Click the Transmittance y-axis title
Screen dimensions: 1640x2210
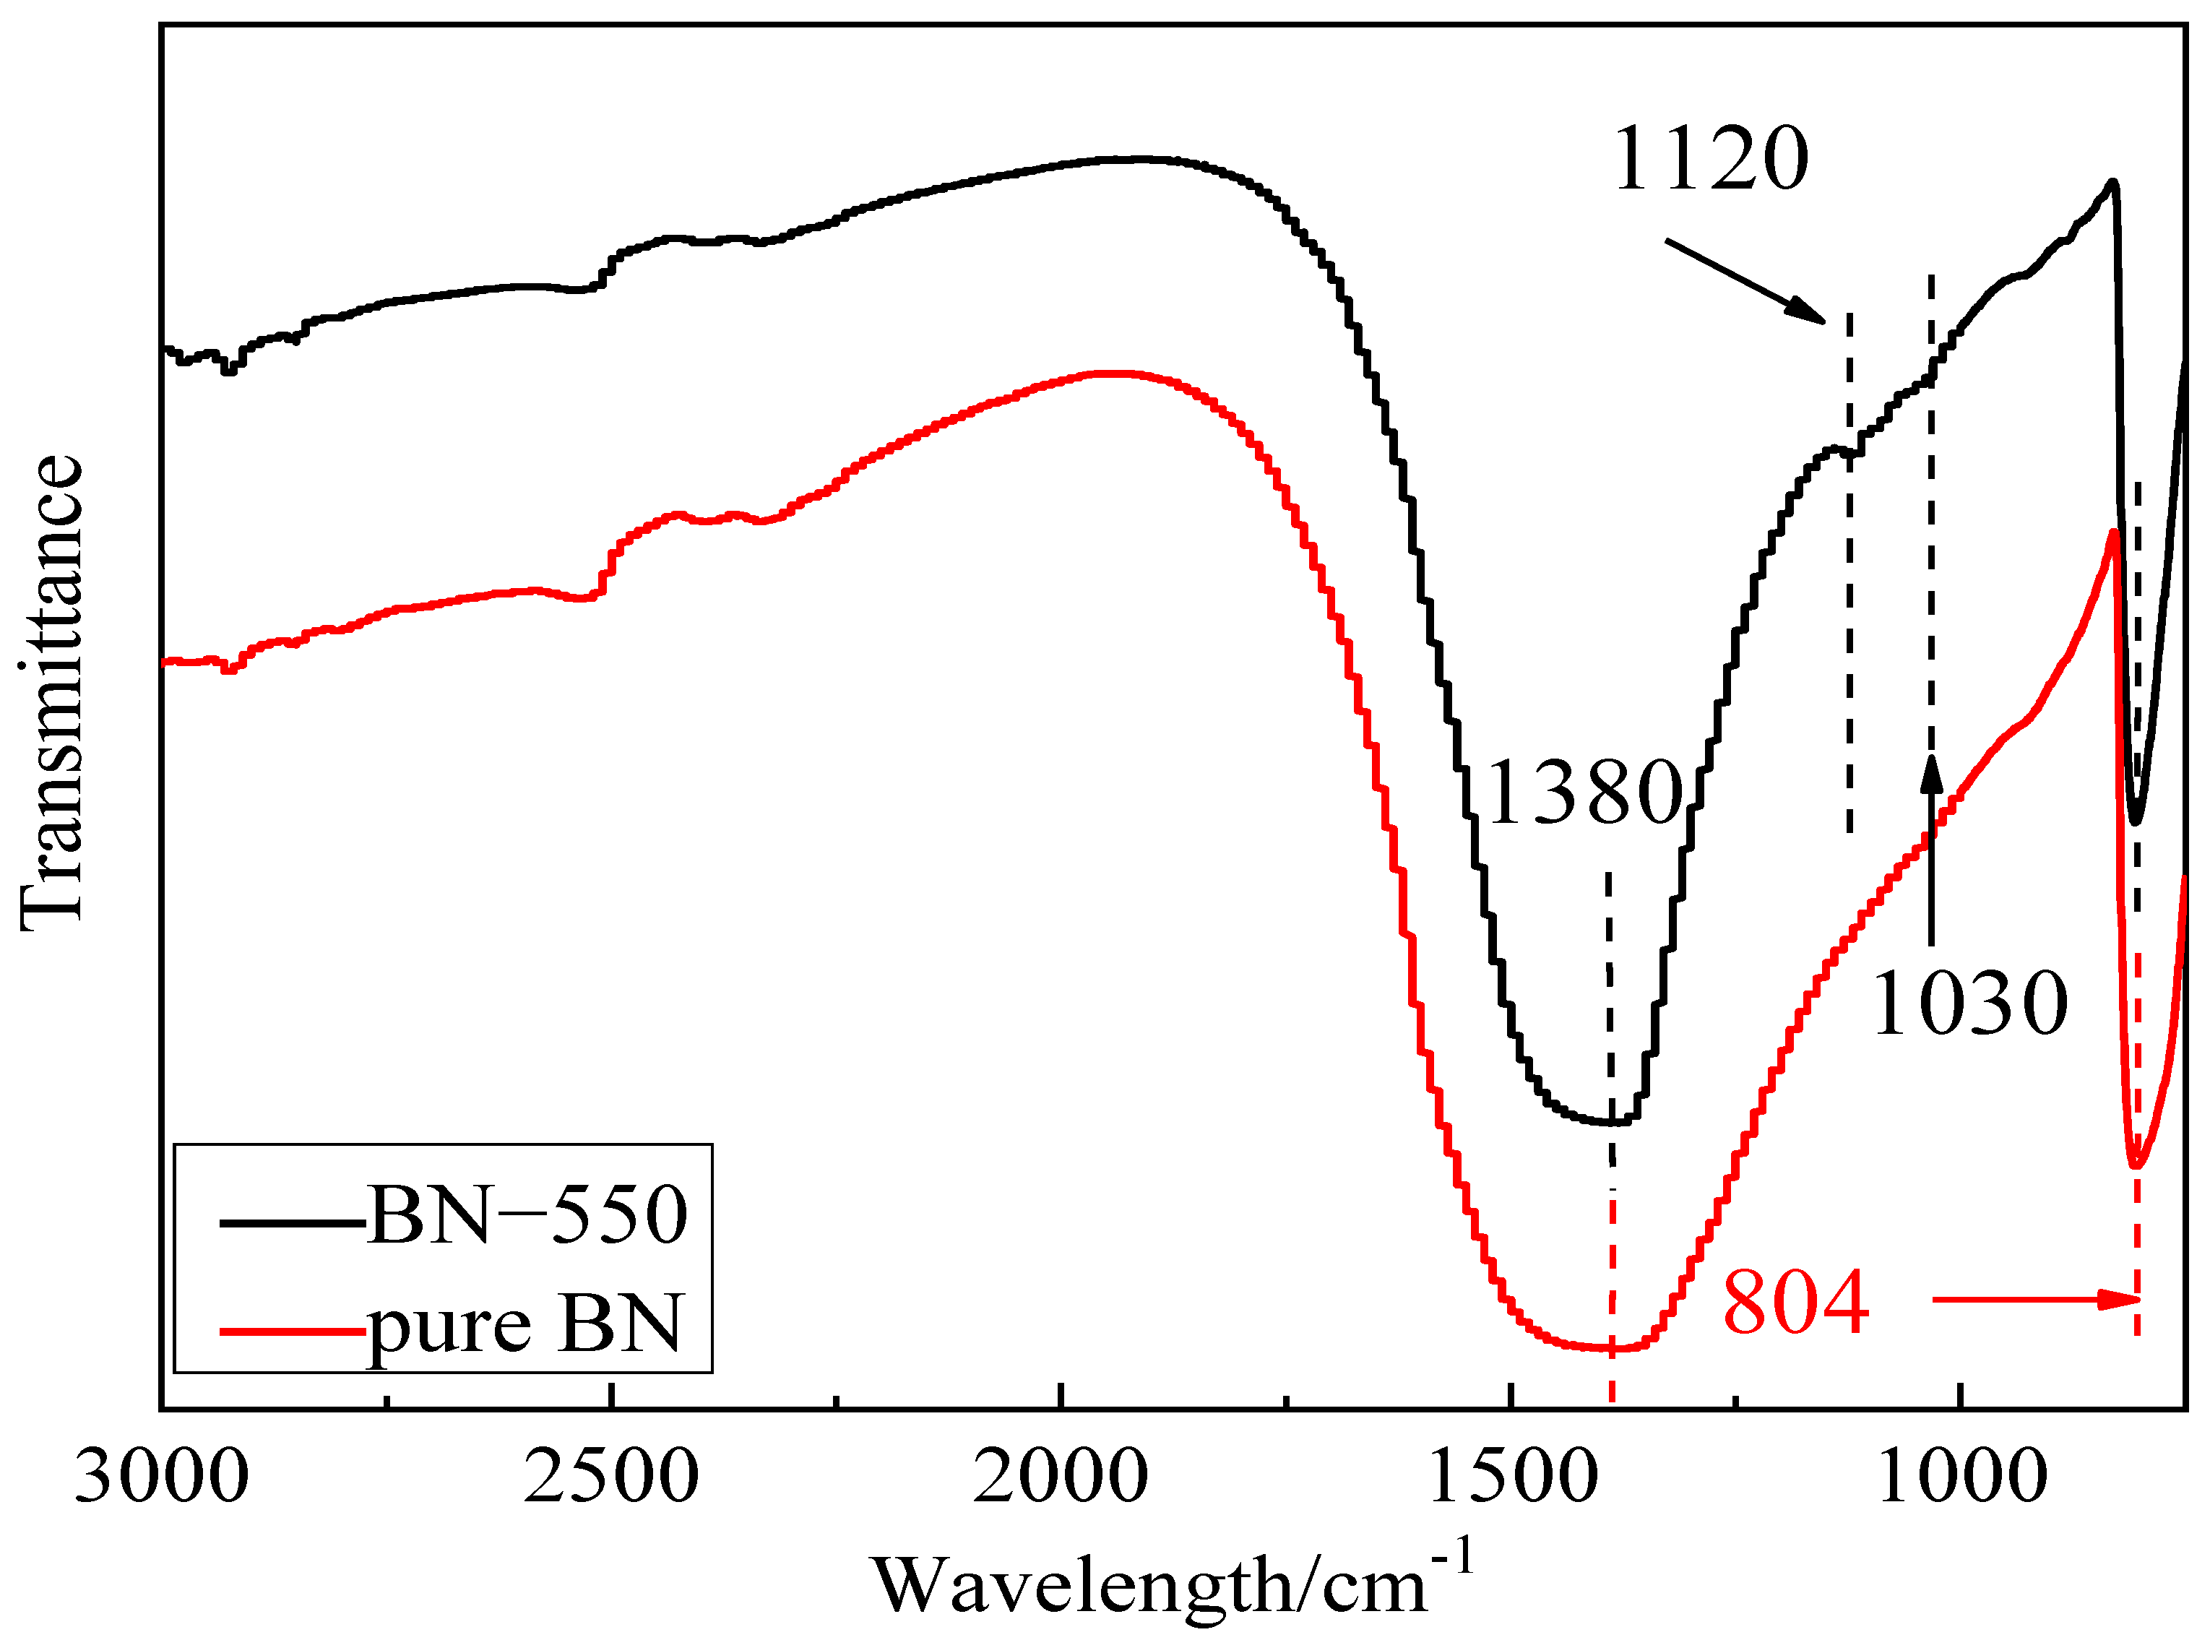[x=51, y=692]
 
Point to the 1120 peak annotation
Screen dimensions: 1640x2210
[x=1709, y=159]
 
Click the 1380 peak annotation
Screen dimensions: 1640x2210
[x=1584, y=793]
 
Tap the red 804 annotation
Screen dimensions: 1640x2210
[x=1795, y=1303]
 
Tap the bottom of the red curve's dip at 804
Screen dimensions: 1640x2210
[x=2136, y=1167]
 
